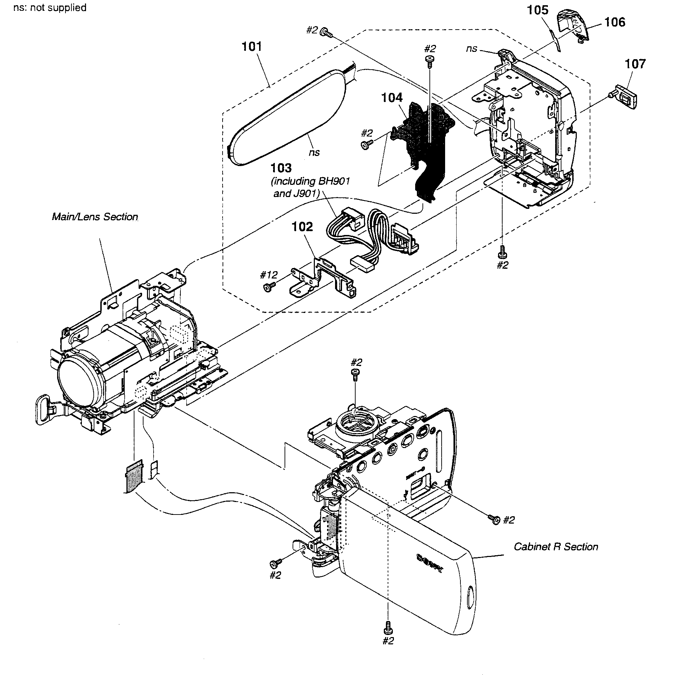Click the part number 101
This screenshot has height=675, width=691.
pyautogui.click(x=251, y=46)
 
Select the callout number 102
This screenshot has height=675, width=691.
pyautogui.click(x=302, y=226)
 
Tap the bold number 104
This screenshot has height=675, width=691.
pyautogui.click(x=391, y=97)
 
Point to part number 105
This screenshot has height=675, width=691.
pyautogui.click(x=537, y=10)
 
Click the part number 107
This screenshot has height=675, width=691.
pyautogui.click(x=635, y=64)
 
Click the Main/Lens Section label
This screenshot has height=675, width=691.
pyautogui.click(x=95, y=217)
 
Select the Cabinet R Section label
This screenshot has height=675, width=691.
pyautogui.click(x=556, y=547)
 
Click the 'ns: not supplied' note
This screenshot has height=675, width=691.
pyautogui.click(x=50, y=7)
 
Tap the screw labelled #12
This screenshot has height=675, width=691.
pyautogui.click(x=268, y=288)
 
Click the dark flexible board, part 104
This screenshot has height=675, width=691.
pyautogui.click(x=426, y=142)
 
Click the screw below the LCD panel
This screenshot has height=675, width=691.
pyautogui.click(x=388, y=627)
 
